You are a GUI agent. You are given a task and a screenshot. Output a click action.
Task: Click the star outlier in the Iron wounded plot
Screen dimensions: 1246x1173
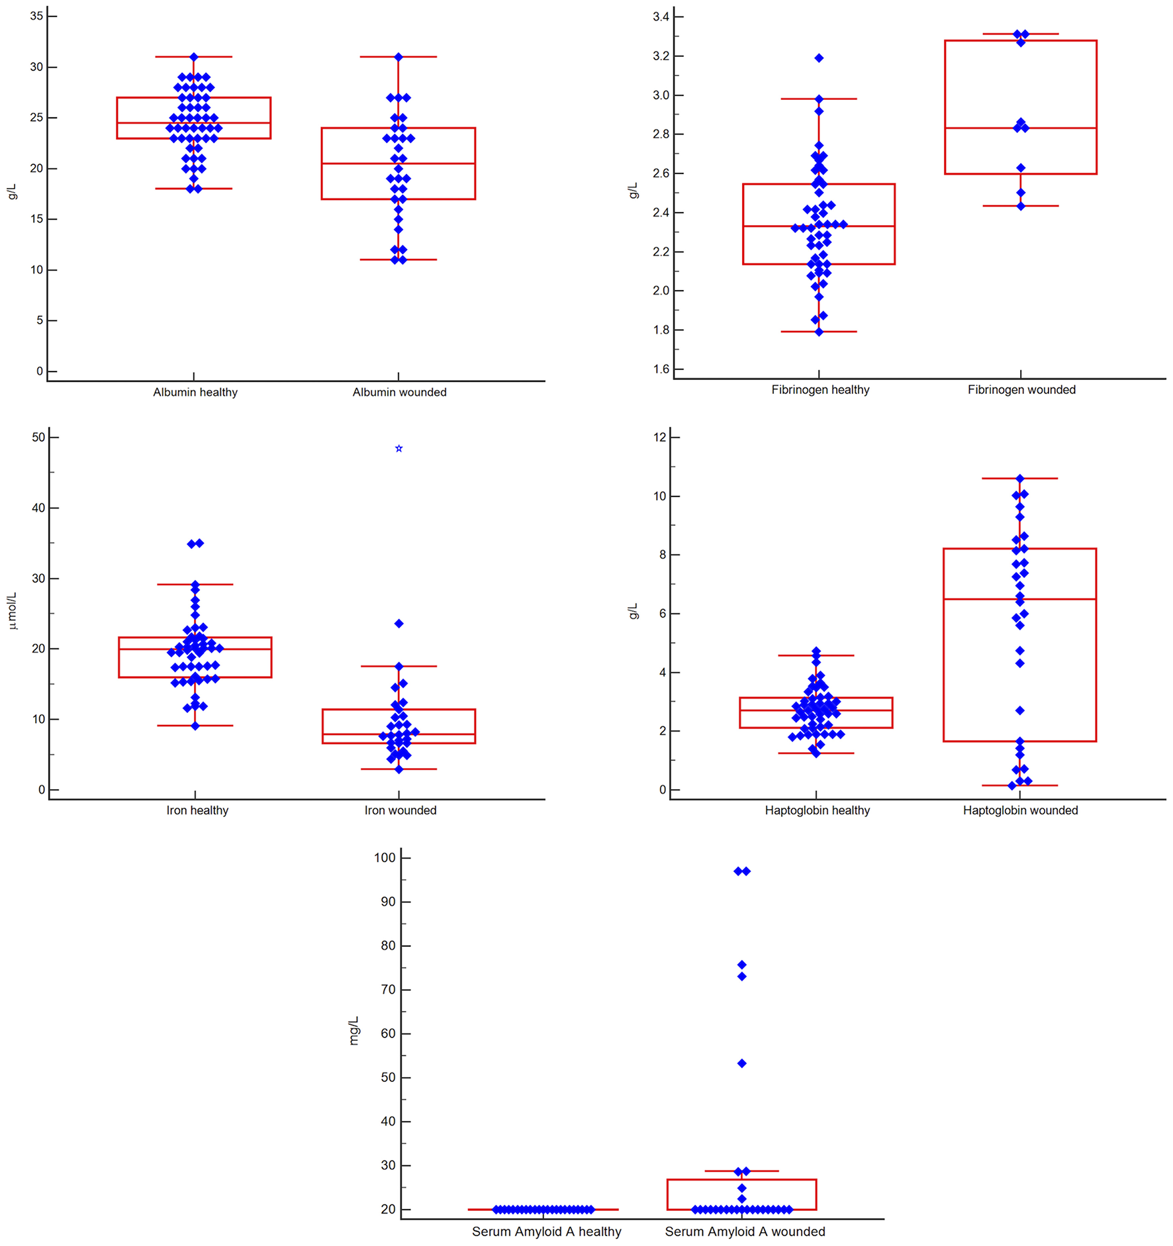point(399,449)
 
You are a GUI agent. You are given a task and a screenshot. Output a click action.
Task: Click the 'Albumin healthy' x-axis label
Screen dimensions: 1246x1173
point(195,392)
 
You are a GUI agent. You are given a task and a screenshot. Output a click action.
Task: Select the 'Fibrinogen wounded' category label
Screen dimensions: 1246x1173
point(1021,390)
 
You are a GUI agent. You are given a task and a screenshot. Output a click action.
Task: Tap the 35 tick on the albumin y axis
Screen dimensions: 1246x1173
point(37,16)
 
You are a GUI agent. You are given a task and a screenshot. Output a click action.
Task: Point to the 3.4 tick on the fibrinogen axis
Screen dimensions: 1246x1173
point(661,17)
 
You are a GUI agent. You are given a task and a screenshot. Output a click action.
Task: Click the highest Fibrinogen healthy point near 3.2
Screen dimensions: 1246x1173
point(819,58)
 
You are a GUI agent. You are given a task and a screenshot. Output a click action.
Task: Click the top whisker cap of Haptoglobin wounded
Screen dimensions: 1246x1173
point(1019,478)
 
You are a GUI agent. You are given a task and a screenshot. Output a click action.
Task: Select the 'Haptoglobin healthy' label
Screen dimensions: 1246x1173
point(817,810)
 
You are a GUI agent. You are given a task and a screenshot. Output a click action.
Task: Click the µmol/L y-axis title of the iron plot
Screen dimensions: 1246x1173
point(12,611)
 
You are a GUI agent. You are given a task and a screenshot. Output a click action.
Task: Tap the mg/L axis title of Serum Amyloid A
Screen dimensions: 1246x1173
point(353,1030)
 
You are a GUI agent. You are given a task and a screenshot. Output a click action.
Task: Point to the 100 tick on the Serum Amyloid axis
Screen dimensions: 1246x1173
point(385,858)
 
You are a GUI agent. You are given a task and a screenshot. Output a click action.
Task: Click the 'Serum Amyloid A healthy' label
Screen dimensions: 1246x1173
point(546,1231)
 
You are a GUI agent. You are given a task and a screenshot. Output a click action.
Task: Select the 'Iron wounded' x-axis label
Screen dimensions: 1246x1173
point(400,810)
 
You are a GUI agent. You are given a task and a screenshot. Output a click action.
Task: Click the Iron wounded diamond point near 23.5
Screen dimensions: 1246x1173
point(399,624)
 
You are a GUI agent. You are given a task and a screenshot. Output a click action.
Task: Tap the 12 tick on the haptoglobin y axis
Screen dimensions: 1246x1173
point(659,437)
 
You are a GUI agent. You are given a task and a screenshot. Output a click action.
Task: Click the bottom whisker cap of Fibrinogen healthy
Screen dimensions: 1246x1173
point(819,332)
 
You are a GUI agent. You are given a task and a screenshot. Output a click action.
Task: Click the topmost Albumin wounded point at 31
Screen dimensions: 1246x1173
point(399,58)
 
